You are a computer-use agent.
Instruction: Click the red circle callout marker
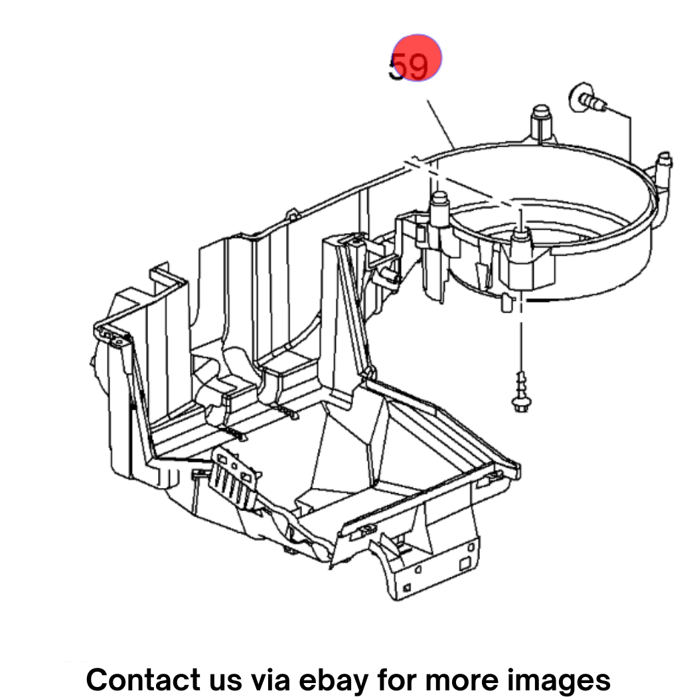417,58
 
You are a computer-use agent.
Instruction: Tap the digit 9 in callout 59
418,66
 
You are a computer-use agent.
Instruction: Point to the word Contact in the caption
143,679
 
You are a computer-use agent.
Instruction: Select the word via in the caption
271,679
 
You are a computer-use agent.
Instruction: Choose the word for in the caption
397,679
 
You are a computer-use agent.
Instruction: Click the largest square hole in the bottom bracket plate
465,564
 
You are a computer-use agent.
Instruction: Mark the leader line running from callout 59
441,125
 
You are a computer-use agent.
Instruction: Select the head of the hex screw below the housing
521,404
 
